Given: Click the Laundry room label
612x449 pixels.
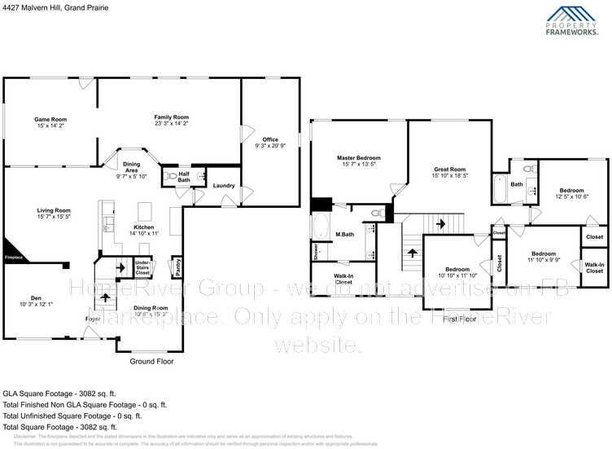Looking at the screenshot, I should pos(224,186).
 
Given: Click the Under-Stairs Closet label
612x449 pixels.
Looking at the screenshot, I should pos(142,266).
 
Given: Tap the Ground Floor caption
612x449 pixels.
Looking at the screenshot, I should pos(153,361).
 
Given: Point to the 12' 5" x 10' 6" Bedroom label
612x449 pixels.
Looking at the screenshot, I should pos(570,194).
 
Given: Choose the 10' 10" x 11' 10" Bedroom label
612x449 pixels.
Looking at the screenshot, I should pos(457,272).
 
